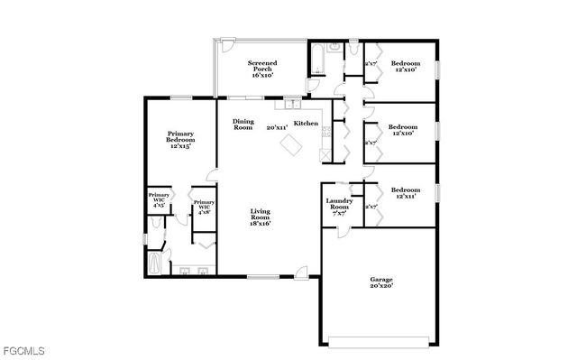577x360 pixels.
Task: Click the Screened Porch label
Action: pyautogui.click(x=261, y=69)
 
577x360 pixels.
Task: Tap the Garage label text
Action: pyautogui.click(x=380, y=283)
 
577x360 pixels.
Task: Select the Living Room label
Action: pyautogui.click(x=261, y=217)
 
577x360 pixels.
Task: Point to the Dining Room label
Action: pyautogui.click(x=243, y=125)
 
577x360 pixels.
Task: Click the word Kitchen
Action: pyautogui.click(x=306, y=123)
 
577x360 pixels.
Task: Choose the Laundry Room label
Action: pyautogui.click(x=338, y=205)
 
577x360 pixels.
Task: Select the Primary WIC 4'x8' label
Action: pyautogui.click(x=204, y=207)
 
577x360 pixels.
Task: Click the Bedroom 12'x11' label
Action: pyautogui.click(x=405, y=194)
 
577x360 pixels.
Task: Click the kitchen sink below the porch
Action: pyautogui.click(x=293, y=103)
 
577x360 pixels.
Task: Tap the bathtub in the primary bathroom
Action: pyautogui.click(x=152, y=264)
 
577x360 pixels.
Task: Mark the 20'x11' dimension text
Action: pyautogui.click(x=277, y=128)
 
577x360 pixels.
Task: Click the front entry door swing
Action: pyautogui.click(x=303, y=270)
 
